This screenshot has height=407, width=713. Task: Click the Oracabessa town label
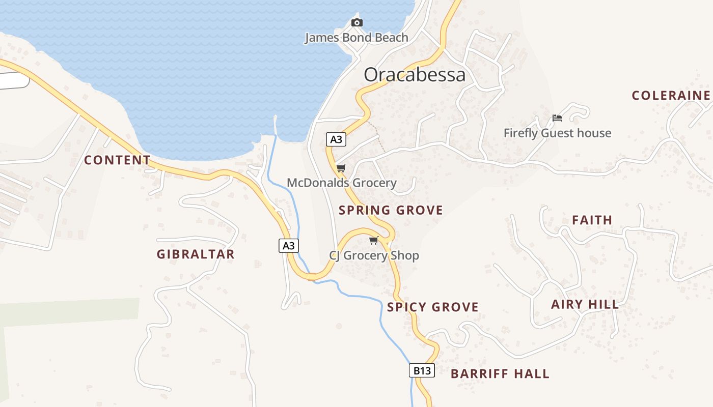point(415,75)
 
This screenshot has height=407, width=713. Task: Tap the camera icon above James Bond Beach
point(357,22)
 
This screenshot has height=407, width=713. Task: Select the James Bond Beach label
point(356,38)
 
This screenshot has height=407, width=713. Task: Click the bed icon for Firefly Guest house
point(557,118)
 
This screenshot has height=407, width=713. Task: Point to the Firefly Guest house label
point(557,133)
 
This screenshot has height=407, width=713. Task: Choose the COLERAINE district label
point(671,96)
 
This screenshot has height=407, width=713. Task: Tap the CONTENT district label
point(117,160)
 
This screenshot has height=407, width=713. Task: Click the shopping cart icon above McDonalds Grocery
point(341,168)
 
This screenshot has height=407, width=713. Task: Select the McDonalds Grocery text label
point(342,183)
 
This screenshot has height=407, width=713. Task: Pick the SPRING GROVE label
point(391,210)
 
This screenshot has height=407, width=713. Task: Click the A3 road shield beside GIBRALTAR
point(288,246)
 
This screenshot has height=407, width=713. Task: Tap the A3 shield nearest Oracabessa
point(336,139)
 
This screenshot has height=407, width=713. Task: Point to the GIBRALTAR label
point(196,254)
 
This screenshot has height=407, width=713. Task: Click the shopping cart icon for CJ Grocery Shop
point(374,240)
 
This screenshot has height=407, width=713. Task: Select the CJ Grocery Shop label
point(374,255)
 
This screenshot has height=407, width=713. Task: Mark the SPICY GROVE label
point(433,307)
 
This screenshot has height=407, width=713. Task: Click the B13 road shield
point(422,371)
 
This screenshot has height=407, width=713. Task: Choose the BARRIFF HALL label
point(500,374)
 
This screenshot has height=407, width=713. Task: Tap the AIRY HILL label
point(585,305)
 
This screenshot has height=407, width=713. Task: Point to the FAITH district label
point(592,220)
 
